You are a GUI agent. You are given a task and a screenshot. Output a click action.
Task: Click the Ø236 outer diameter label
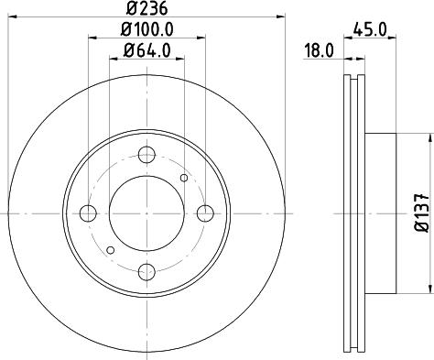pos(146,9)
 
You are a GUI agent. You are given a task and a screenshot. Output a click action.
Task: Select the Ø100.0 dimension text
pos(146,30)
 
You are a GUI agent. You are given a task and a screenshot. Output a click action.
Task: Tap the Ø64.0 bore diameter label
pos(146,51)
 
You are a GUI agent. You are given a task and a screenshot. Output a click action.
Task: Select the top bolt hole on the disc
pos(146,155)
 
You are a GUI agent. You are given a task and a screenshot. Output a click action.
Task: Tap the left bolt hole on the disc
pos(89,213)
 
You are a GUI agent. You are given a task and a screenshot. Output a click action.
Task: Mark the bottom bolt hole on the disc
pos(146,270)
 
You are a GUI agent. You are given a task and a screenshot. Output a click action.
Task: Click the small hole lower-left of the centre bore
pos(111,248)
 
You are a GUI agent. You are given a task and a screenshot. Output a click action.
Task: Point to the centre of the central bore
pos(146,213)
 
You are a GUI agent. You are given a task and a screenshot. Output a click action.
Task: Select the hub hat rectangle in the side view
pos(382,213)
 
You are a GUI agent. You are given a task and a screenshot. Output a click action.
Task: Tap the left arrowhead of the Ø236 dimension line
pos(14,17)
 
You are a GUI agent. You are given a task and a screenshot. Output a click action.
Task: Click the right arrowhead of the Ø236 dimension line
pos(279,17)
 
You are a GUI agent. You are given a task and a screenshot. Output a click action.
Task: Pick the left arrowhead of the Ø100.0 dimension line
pos(92,38)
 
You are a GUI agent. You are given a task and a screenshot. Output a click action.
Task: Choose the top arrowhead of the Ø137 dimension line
pos(429,137)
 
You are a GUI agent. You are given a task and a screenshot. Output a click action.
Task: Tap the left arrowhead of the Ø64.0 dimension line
pos(114,60)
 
